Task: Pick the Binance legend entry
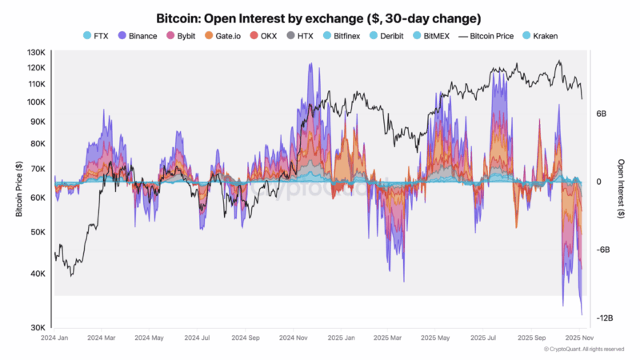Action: (x=138, y=36)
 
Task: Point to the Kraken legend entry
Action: (x=542, y=36)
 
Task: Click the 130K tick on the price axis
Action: (x=35, y=53)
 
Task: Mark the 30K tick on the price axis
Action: (x=38, y=327)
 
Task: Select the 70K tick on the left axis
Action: (x=38, y=170)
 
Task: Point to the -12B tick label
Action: (x=605, y=318)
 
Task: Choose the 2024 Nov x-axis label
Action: (x=294, y=339)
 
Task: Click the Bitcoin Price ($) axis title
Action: (x=18, y=190)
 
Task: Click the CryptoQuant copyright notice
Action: (x=584, y=350)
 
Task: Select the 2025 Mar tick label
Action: (x=388, y=339)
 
